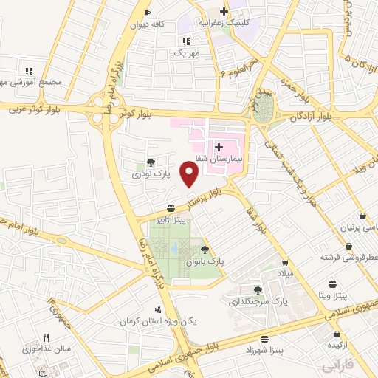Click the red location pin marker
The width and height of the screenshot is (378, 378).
pyautogui.click(x=190, y=174)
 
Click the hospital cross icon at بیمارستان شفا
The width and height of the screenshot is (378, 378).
pyautogui.click(x=219, y=148)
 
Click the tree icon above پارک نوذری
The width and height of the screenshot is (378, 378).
pyautogui.click(x=151, y=162)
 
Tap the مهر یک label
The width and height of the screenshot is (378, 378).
pyautogui.click(x=186, y=53)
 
